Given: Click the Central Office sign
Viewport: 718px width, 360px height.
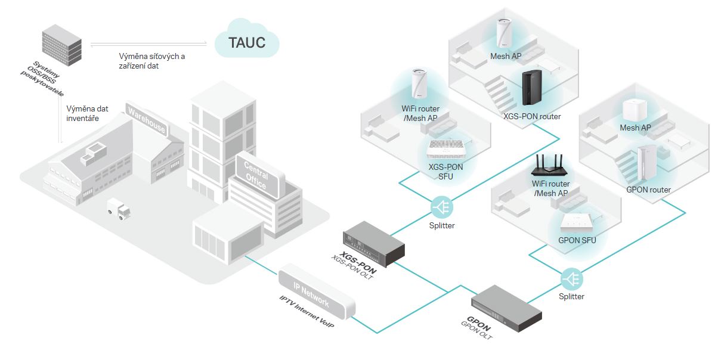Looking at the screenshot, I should pos(257,175).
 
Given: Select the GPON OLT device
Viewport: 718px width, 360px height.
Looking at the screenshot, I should pos(506,307).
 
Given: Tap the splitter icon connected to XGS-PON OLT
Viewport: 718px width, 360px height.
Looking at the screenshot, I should pos(442,207).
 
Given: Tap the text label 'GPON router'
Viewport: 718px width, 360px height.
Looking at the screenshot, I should pos(648,190).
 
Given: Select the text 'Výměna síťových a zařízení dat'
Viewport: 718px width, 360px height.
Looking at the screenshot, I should pos(152,61).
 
